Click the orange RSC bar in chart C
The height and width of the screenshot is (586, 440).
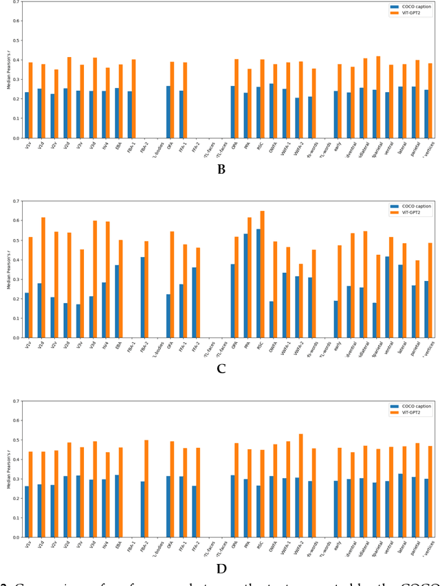(262, 274)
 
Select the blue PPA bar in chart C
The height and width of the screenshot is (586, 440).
(245, 286)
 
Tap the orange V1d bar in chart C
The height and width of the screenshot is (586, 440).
(43, 278)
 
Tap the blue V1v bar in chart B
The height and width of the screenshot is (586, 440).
(27, 115)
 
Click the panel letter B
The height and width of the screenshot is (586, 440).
(221, 170)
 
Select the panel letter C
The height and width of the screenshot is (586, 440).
(221, 369)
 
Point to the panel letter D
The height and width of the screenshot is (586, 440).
(221, 568)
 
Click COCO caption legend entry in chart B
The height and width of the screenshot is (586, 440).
(415, 7)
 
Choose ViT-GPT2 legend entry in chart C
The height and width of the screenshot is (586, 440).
(415, 212)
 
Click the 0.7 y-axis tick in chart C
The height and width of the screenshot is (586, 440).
(16, 201)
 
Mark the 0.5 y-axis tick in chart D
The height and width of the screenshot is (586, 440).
(16, 440)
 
